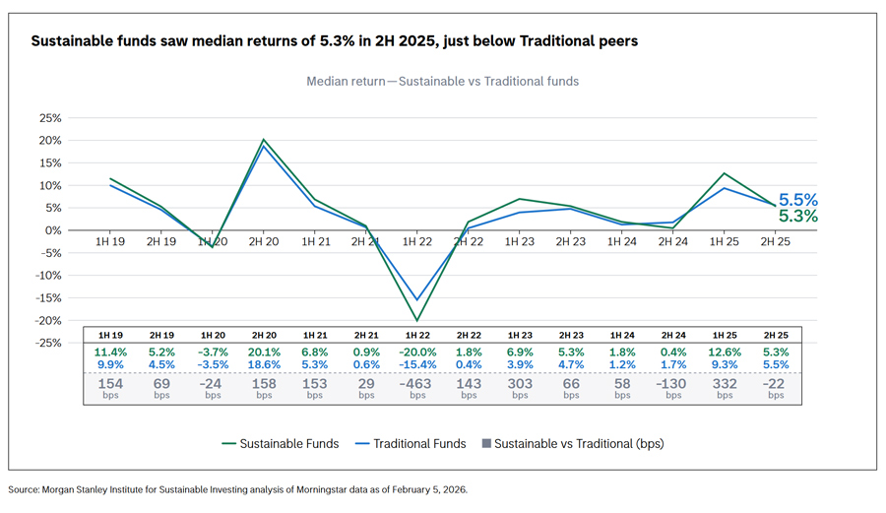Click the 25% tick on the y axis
[48, 117]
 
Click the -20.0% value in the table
[417, 353]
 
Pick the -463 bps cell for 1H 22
[417, 384]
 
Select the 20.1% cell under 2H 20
[264, 353]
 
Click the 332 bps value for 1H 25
[725, 384]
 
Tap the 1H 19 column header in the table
[110, 335]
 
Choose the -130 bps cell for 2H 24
[673, 384]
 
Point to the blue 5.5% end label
[798, 200]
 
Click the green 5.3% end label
[798, 217]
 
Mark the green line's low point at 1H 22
[417, 320]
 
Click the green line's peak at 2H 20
[264, 140]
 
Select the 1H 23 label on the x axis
[520, 241]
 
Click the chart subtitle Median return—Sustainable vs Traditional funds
[442, 81]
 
